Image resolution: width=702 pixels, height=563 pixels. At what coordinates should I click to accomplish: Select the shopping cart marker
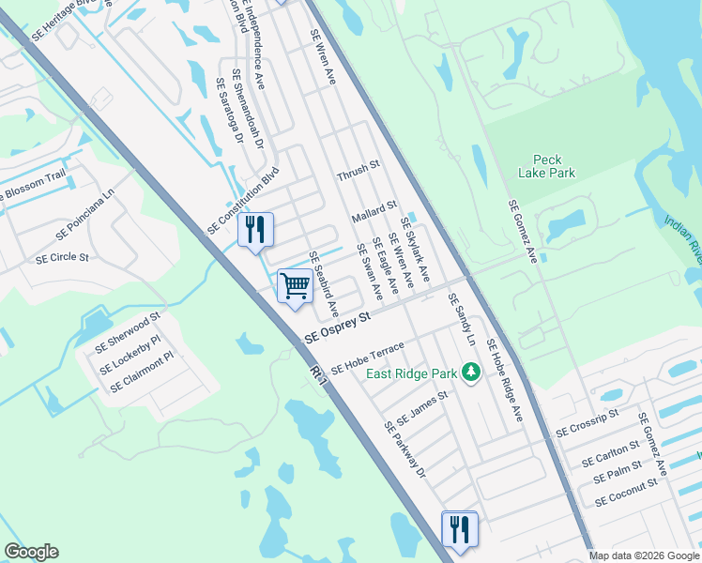(x=296, y=285)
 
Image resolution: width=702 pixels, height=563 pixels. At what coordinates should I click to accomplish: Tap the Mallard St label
(x=374, y=211)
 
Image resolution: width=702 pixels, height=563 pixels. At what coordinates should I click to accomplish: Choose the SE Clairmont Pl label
(x=142, y=373)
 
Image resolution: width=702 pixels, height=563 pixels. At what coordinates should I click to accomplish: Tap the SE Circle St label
(x=61, y=257)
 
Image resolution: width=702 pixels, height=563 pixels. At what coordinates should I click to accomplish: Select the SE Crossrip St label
(x=587, y=422)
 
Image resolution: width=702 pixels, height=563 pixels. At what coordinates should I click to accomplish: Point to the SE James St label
(x=422, y=406)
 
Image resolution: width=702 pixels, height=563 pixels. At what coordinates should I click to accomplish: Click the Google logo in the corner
(x=31, y=552)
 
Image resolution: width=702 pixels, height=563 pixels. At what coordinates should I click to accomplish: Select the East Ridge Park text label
(x=411, y=374)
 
